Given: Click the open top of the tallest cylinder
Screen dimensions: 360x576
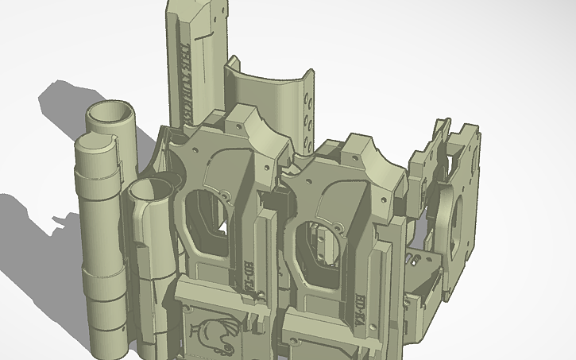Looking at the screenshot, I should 111,114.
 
